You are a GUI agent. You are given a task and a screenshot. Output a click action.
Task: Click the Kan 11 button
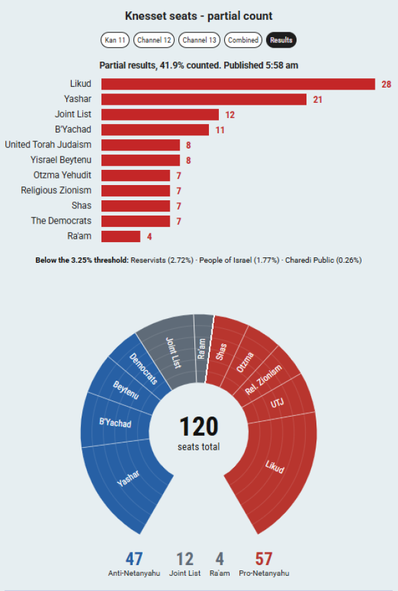[115, 40]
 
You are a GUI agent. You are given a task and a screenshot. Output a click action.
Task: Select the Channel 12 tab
[154, 40]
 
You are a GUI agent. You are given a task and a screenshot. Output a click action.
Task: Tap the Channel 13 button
[200, 40]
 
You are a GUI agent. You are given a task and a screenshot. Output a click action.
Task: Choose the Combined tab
[243, 40]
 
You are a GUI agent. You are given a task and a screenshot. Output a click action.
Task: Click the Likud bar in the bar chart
[238, 84]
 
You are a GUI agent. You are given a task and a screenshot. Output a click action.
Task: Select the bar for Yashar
[204, 99]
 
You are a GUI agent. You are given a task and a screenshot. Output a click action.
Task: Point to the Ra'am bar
[121, 236]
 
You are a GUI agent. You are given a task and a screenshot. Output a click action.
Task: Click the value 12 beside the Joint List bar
[230, 115]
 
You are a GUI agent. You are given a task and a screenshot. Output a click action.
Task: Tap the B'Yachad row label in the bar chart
[73, 129]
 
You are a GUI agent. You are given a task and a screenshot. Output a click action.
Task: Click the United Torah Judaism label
[48, 145]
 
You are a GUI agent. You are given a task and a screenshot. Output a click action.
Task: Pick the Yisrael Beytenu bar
[141, 161]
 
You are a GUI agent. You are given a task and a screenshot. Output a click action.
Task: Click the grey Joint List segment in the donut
[173, 352]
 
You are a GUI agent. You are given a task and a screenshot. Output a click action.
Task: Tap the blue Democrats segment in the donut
[143, 369]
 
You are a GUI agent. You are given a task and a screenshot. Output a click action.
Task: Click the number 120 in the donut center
[198, 427]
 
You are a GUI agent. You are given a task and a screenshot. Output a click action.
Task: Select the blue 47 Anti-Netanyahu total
[134, 558]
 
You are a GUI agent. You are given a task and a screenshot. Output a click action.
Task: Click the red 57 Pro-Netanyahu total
[263, 558]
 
